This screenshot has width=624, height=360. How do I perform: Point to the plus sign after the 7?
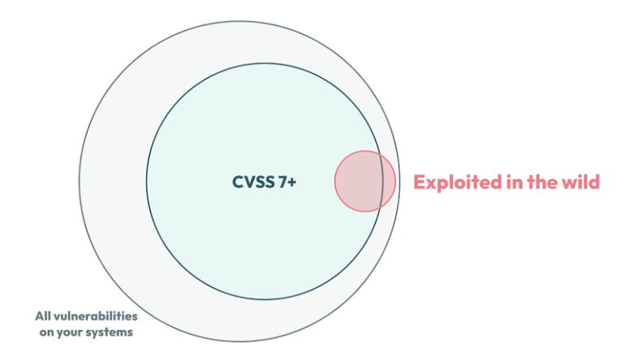(x=292, y=182)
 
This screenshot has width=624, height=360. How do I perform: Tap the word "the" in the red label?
(x=539, y=182)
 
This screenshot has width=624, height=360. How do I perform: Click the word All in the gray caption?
(x=42, y=316)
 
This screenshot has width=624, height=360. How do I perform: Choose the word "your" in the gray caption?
(x=71, y=332)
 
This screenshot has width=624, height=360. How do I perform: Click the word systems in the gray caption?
(x=110, y=332)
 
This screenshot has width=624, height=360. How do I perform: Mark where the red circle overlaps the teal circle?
(x=358, y=181)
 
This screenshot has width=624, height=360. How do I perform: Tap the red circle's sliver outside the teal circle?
(x=389, y=181)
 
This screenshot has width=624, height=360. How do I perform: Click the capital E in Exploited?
(x=420, y=182)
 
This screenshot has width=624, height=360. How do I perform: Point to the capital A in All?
(x=38, y=316)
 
